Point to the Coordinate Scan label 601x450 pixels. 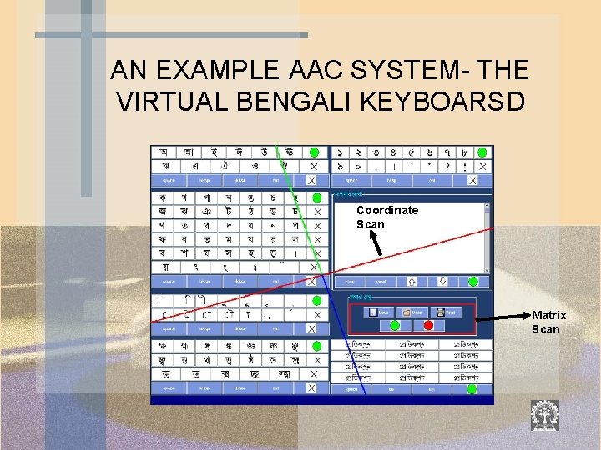386,217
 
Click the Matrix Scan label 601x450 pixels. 548,322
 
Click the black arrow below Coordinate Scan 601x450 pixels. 375,242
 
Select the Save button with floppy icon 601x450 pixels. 381,312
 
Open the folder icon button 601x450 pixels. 414,312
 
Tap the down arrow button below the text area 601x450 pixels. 443,282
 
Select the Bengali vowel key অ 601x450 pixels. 164,152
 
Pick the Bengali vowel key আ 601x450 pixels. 189,152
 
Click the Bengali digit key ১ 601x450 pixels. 341,153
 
